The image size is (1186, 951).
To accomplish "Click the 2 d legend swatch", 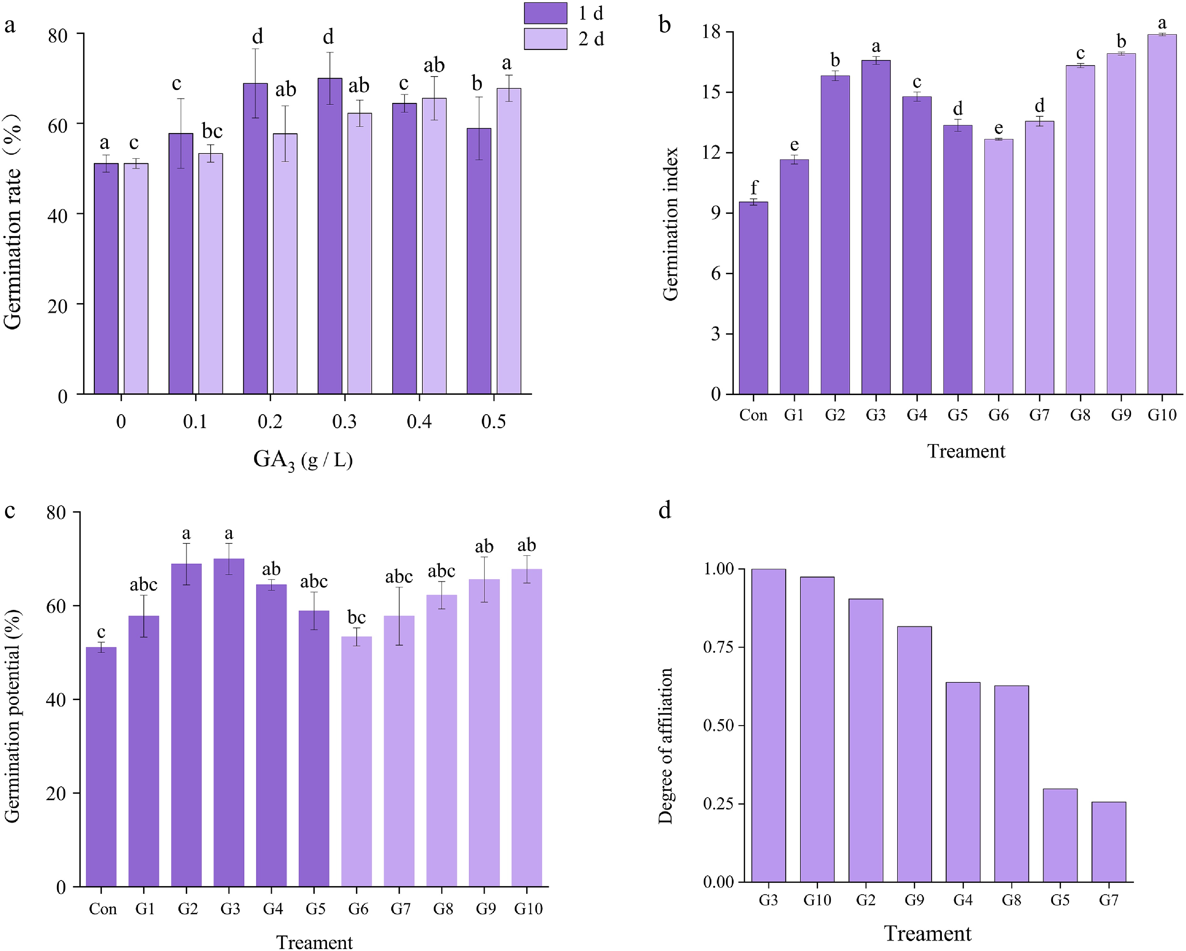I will point(545,39).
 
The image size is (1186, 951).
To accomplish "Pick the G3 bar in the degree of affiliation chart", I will point(768,726).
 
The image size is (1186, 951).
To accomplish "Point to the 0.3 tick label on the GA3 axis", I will point(345,422).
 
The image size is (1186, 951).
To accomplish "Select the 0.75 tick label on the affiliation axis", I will point(719,647).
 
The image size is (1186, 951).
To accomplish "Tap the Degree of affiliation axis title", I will point(665,745).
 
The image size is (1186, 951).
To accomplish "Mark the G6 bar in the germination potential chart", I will point(356,762).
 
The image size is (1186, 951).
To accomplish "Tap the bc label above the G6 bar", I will point(356,618).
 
